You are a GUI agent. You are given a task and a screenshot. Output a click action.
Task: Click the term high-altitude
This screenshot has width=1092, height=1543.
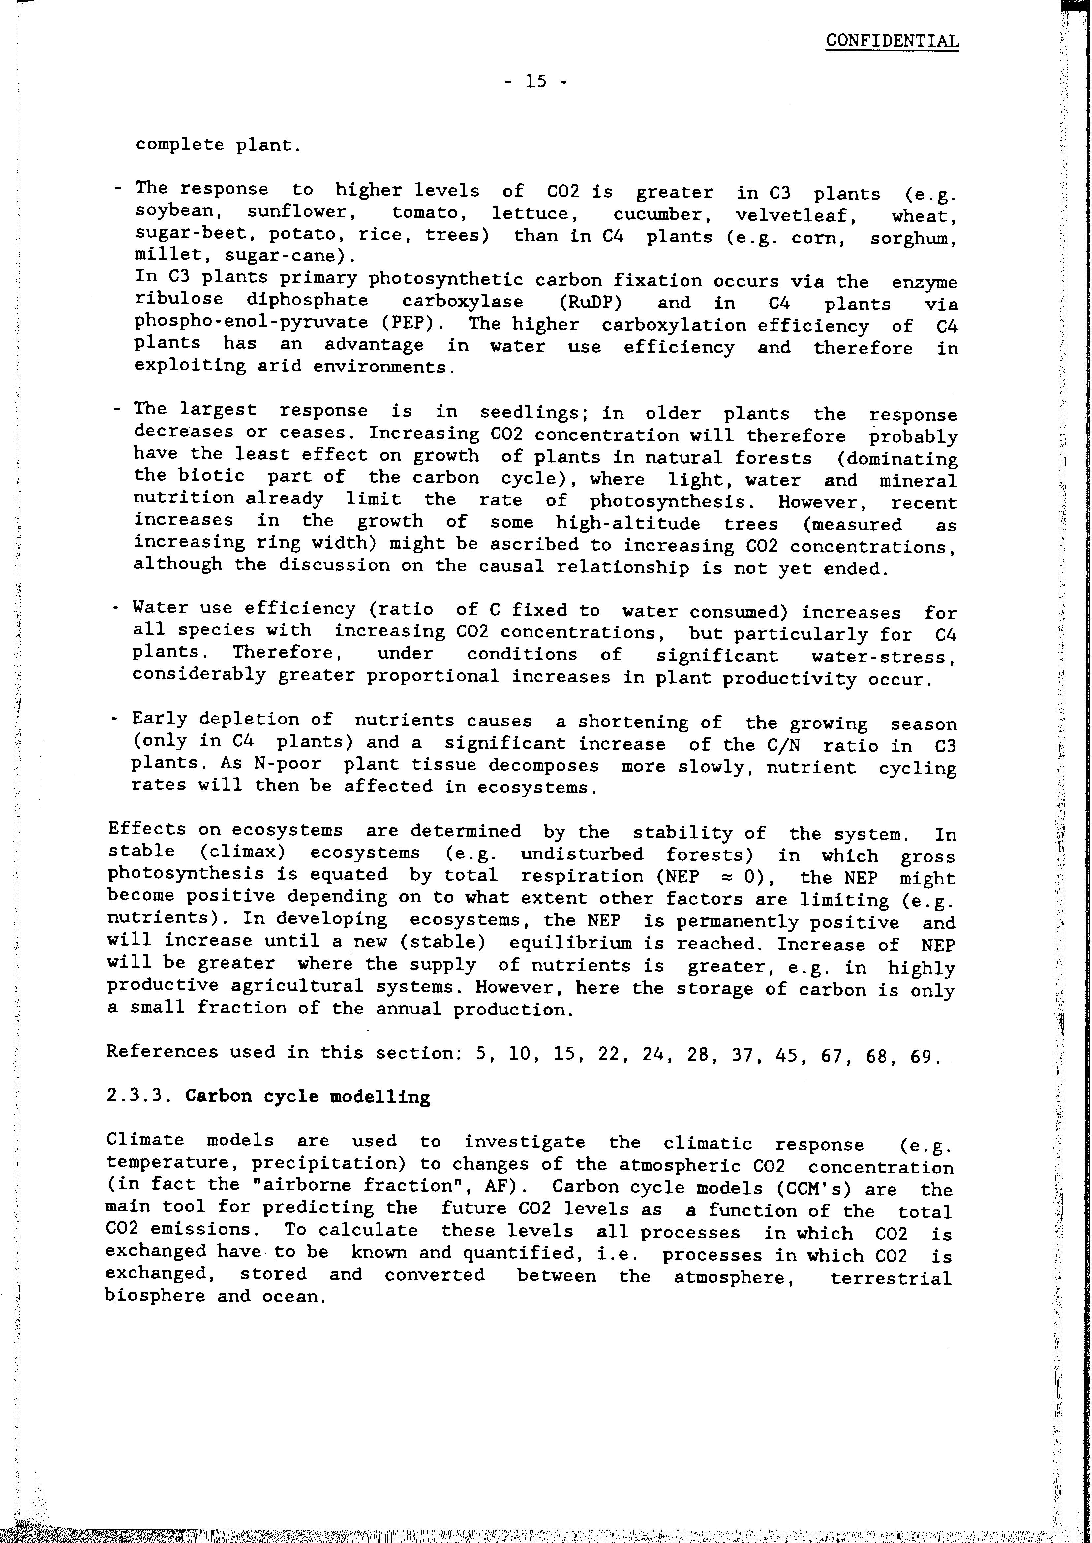pos(628,523)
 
